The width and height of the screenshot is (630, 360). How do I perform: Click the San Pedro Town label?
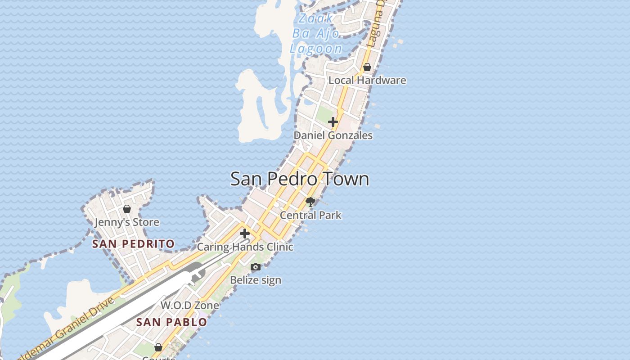300,179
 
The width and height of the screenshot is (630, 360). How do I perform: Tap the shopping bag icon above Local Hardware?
367,67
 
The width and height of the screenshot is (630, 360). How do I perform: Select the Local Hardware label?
367,81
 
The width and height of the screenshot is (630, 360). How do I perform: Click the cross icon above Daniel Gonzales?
333,122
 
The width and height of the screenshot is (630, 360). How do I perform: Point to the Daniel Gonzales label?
333,135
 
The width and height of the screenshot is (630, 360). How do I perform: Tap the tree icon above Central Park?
310,201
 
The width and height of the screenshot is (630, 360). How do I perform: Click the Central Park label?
310,215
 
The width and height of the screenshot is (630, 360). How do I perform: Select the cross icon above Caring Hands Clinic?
245,234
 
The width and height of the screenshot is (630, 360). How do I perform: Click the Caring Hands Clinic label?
245,247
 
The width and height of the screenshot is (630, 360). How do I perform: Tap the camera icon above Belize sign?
256,267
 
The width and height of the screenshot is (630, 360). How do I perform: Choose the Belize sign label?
256,280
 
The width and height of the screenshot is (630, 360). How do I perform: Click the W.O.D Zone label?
190,305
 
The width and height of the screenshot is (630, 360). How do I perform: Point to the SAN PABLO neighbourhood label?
171,322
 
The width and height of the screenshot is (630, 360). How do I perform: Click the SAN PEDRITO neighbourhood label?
133,244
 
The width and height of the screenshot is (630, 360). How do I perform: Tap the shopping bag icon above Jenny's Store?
127,209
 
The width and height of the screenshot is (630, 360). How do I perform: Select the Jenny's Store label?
127,222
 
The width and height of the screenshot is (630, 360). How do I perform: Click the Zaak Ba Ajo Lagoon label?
316,33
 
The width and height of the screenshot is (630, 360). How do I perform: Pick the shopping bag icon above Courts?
158,347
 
